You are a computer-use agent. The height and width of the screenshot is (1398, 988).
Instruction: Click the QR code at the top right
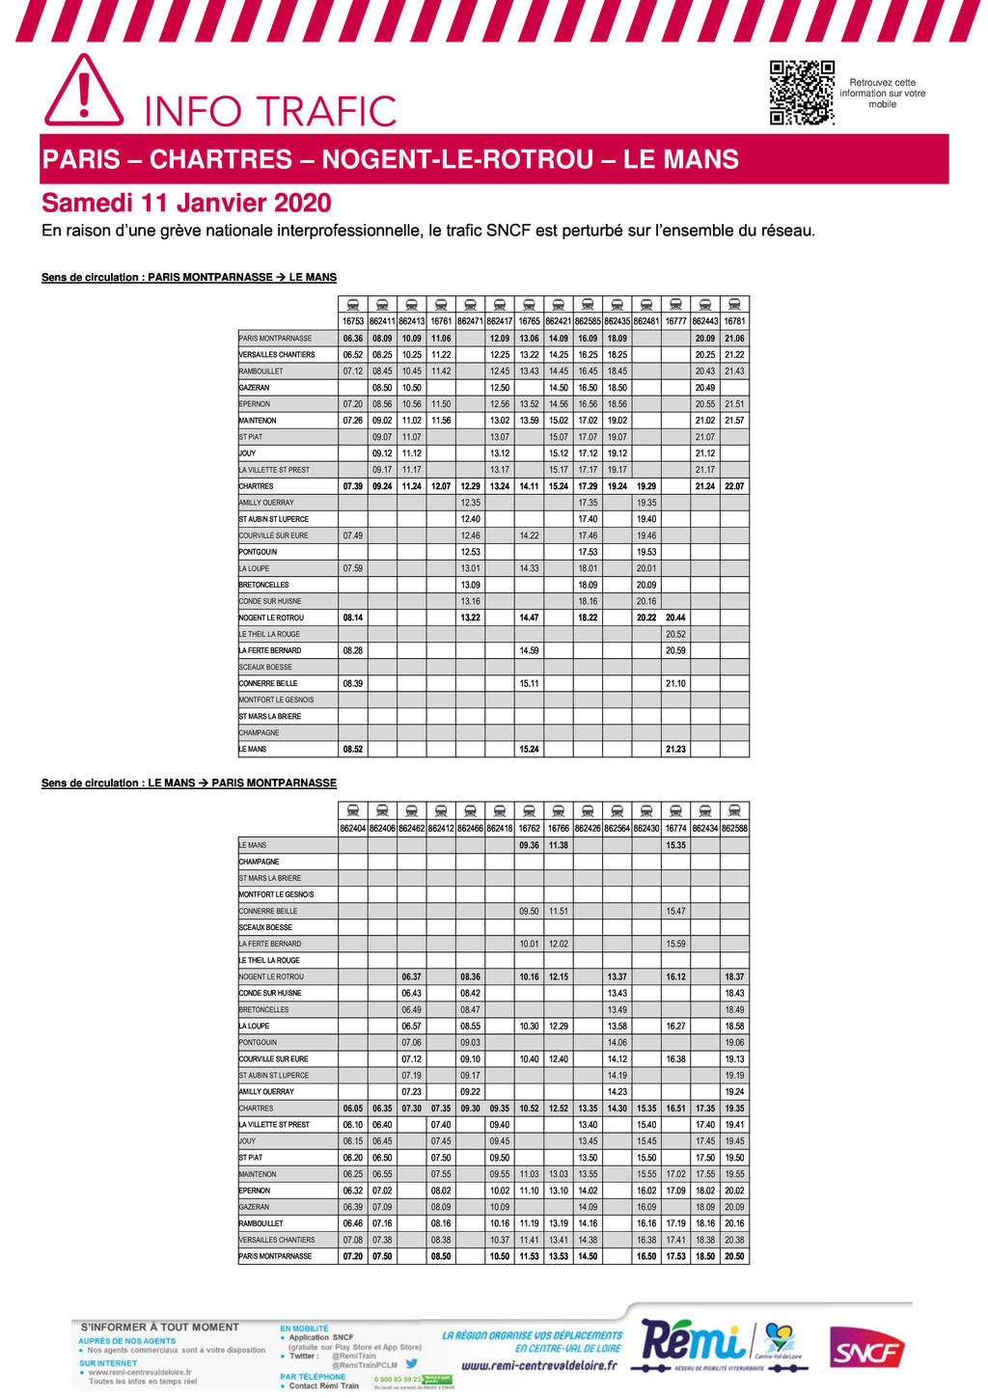coord(801,93)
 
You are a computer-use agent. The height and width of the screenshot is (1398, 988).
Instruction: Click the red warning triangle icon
coord(84,92)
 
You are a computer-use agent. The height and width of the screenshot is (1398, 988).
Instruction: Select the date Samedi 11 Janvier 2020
coord(186,204)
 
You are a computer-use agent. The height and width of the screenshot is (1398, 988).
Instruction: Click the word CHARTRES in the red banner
coord(221,159)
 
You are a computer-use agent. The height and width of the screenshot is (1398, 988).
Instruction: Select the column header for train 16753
coord(353,321)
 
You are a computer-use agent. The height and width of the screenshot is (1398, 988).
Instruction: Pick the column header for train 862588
coord(734,828)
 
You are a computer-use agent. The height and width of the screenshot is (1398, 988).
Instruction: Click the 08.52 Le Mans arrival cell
coord(353,749)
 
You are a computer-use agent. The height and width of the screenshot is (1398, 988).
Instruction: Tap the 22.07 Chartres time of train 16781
coord(734,486)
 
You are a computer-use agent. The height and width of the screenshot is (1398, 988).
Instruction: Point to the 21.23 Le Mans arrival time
coord(675,749)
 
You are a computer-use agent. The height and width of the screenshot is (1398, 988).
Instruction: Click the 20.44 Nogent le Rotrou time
coord(675,617)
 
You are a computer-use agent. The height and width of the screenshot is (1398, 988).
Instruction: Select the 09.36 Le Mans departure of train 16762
coord(529,845)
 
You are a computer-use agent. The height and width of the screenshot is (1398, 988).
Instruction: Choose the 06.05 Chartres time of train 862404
coord(353,1109)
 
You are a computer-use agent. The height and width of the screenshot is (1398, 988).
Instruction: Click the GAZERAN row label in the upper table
coord(255,388)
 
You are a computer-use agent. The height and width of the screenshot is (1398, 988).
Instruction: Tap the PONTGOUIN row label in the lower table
coord(258,1043)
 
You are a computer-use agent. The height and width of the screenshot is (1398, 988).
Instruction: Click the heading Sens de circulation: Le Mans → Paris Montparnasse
coord(189,783)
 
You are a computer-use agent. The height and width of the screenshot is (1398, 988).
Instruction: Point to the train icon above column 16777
coord(675,304)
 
